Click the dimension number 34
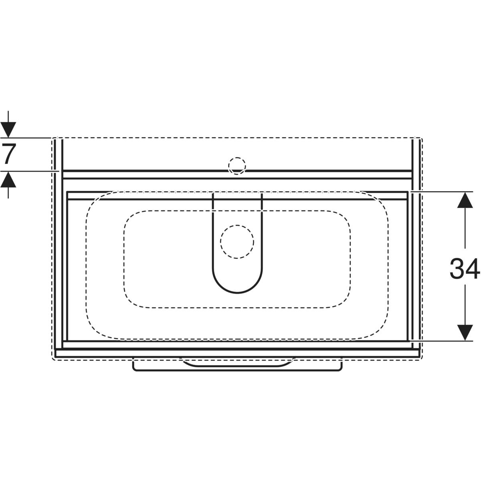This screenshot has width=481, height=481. [465, 269]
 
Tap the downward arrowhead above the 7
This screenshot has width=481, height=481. [8, 130]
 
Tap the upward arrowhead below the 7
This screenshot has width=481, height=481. [8, 179]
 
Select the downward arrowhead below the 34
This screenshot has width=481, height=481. [465, 332]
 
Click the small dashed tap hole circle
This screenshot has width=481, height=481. [237, 166]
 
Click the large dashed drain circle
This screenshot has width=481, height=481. [237, 242]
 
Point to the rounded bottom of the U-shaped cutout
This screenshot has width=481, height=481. [237, 293]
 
